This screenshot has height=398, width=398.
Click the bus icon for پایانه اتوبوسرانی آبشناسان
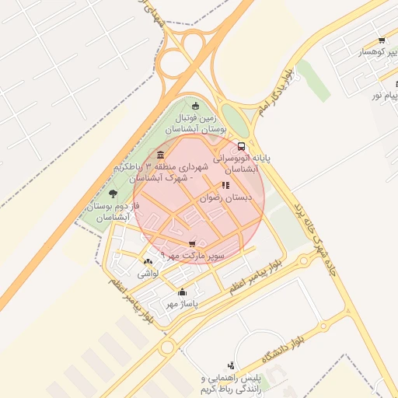241,145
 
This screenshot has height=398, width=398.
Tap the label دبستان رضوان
227,198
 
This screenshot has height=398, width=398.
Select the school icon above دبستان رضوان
225,186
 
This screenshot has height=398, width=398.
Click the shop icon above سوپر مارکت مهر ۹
192,244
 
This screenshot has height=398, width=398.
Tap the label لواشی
148,273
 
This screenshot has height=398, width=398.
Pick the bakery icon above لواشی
148,261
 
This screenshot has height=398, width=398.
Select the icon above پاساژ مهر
182,292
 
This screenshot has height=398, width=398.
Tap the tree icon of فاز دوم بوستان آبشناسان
113,194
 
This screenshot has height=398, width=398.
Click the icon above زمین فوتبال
195,106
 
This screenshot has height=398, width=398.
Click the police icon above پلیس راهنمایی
231,365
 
